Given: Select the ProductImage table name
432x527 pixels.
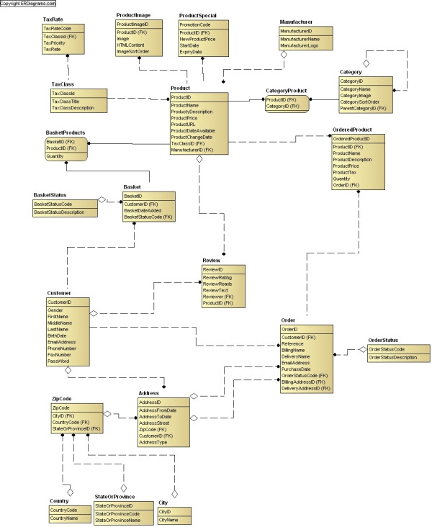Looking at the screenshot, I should point(133,15).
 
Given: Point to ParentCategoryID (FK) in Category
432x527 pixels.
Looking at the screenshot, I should point(363,108).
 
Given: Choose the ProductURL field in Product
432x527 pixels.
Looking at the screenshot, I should point(183,123).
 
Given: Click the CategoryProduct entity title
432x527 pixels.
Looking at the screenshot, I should point(286,91).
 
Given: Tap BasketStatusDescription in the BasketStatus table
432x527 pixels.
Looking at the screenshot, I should point(65,212).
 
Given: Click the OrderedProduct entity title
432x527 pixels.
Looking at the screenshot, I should point(351,129).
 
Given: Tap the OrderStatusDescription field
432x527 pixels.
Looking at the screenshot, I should point(392,356).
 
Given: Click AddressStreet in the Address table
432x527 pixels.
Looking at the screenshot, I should point(154,422).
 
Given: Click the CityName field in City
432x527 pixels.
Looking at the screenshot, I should point(168,518).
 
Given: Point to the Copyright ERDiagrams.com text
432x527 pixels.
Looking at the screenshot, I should point(28,4).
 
